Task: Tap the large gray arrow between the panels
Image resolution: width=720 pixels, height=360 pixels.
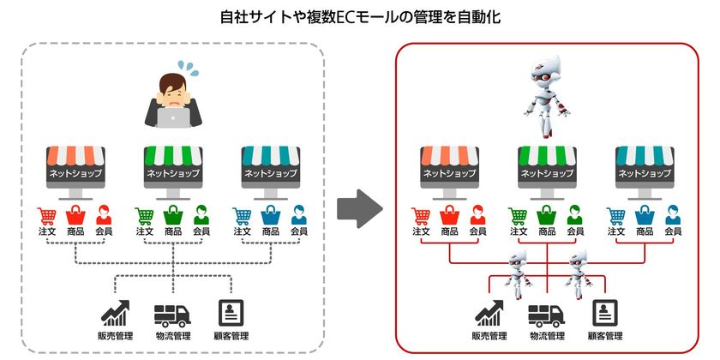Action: [x=358, y=208]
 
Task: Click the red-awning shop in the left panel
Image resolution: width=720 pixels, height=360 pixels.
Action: [x=75, y=166]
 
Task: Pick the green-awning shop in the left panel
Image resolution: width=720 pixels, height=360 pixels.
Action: [x=172, y=166]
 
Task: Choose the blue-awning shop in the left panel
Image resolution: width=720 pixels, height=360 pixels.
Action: [x=270, y=166]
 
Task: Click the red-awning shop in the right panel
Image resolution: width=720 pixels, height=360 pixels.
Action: [x=449, y=166]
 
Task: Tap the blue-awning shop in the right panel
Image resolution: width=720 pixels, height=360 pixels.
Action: [x=644, y=166]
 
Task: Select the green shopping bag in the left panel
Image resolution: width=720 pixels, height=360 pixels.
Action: [x=172, y=214]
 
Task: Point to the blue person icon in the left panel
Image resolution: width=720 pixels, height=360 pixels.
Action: [x=298, y=214]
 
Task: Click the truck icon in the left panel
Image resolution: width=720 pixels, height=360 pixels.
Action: [x=172, y=315]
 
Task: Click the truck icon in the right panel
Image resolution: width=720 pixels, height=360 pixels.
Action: [x=545, y=315]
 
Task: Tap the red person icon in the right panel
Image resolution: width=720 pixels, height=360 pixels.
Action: [x=477, y=214]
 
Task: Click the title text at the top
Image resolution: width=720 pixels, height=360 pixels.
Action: [x=359, y=16]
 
